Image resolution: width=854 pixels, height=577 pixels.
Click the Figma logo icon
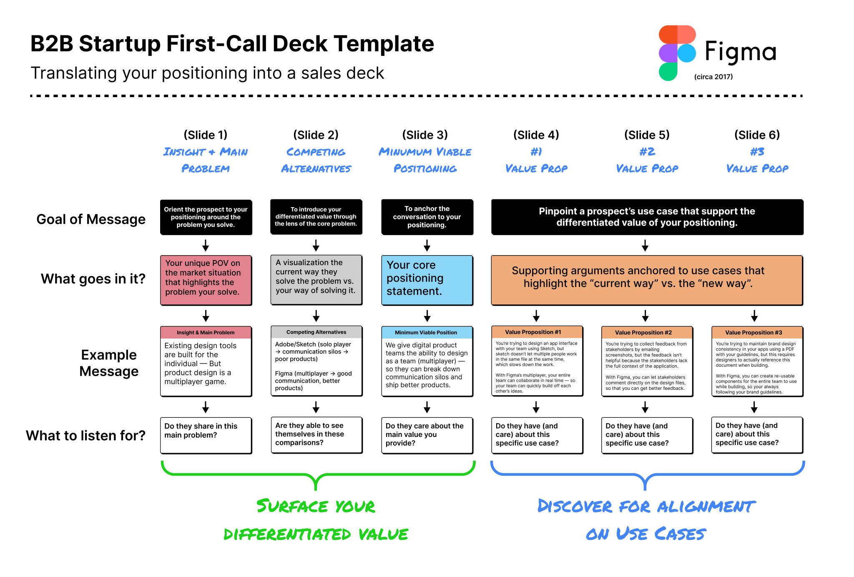[677, 53]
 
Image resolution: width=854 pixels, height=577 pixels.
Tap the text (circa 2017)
[713, 77]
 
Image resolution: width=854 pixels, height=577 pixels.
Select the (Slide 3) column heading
[424, 135]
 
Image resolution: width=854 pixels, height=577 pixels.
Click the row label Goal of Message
[91, 219]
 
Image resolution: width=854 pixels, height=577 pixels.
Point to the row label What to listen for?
[85, 435]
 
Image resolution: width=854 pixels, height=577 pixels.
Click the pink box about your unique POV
[206, 280]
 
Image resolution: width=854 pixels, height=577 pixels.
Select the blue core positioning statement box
[427, 280]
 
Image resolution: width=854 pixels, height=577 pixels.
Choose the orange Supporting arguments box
[647, 280]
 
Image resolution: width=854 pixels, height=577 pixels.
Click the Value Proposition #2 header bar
[647, 332]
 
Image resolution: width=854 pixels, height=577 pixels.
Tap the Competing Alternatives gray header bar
[316, 332]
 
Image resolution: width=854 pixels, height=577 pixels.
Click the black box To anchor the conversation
[427, 217]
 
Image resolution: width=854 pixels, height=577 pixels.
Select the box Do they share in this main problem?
[206, 435]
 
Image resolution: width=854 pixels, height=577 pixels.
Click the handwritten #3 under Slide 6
[757, 152]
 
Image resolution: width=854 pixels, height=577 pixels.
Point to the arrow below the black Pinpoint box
[645, 245]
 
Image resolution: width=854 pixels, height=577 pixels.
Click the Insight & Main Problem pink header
[206, 332]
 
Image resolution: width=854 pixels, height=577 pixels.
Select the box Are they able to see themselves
[316, 434]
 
